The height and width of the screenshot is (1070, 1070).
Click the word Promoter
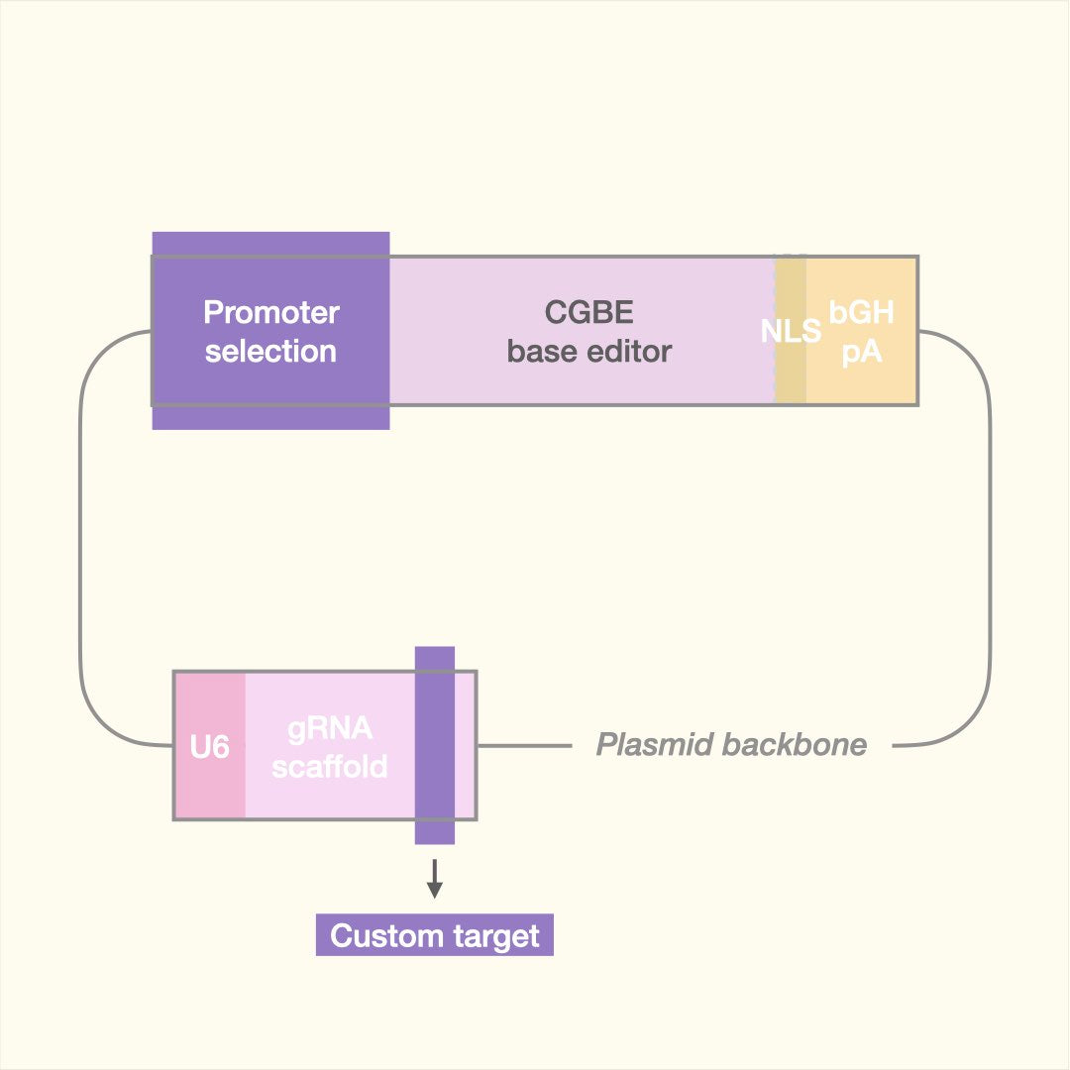click(271, 313)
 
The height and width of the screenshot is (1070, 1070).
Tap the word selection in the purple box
click(271, 351)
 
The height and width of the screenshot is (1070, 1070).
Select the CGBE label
click(589, 313)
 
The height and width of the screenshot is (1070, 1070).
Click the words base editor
click(589, 351)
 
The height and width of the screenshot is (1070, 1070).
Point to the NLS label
click(791, 331)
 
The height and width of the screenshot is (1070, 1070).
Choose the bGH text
click(862, 313)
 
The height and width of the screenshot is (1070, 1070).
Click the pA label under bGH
click(862, 351)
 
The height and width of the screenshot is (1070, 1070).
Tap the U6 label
click(210, 747)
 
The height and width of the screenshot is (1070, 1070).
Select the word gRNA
click(330, 729)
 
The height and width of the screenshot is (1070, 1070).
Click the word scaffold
click(330, 766)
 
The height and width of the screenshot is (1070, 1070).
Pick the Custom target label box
click(434, 936)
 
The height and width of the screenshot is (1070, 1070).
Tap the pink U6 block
click(210, 703)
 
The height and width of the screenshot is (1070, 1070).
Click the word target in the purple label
click(493, 936)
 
